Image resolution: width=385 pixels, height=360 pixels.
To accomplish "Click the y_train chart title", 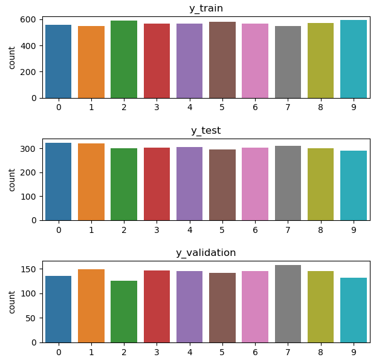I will coord(205,8).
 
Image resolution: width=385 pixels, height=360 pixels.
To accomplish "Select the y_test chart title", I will coord(205,131).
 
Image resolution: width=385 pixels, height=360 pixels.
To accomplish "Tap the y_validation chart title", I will coord(205,253).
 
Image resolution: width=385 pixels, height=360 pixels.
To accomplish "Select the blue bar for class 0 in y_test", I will coord(59,182).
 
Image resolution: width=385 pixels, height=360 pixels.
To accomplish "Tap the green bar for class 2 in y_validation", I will coord(124,312).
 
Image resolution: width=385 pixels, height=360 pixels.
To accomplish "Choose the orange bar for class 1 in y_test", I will coord(91,182).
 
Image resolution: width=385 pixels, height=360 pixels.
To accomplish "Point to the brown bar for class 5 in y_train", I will coord(222,60).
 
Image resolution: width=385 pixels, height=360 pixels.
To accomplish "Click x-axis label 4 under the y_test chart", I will coord(190,231).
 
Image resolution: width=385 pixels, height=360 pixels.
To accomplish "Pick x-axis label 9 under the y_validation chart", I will coord(354,353).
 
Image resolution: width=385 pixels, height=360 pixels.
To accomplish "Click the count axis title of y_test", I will coord(12,180).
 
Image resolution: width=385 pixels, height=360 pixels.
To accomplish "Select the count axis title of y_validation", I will coord(12,302).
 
